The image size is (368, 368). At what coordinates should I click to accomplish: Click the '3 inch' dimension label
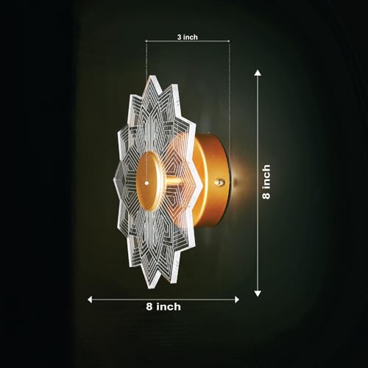(188, 37)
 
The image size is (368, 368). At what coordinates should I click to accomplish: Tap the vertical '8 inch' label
(266, 182)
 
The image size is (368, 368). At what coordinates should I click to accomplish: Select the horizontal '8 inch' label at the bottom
(163, 307)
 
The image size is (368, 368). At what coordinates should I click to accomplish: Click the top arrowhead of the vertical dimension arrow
(258, 73)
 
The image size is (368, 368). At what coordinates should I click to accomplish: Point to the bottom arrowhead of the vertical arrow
(258, 294)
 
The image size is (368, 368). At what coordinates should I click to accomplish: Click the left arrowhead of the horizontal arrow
(90, 300)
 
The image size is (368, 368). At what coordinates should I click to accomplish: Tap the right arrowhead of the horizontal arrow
(237, 300)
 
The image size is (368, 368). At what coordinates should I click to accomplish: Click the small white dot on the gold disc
(146, 183)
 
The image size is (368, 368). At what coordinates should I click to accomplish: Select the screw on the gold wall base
(219, 183)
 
